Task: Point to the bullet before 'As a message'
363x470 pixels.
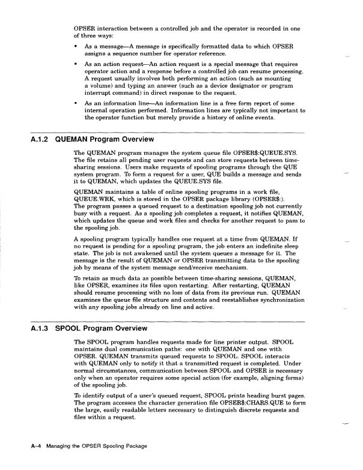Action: point(75,46)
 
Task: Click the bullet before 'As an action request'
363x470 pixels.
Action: point(75,63)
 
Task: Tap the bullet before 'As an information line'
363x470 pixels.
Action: point(75,104)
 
